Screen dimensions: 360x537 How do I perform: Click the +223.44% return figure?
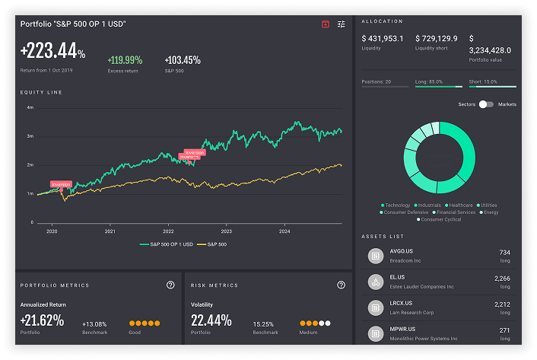click(x=52, y=52)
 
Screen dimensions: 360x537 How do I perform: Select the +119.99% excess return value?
click(x=126, y=60)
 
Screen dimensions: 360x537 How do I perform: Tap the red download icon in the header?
click(x=326, y=24)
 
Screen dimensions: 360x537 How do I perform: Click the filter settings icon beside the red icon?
click(x=342, y=24)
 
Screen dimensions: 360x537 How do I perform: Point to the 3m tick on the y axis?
click(x=30, y=136)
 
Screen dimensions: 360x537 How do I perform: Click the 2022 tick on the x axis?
click(x=168, y=231)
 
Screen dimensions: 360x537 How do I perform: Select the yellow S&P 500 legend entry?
click(x=212, y=244)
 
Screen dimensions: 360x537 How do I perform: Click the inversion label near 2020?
click(x=61, y=183)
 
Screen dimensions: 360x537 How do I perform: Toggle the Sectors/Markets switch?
click(x=486, y=104)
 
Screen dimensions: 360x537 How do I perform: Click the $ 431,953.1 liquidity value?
click(x=383, y=39)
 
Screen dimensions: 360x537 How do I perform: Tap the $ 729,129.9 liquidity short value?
click(x=437, y=39)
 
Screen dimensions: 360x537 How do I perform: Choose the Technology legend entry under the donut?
click(x=397, y=205)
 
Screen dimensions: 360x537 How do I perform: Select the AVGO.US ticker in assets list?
click(x=402, y=252)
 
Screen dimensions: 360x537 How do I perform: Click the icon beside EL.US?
click(x=375, y=282)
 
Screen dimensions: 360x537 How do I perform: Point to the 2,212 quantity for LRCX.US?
click(x=502, y=304)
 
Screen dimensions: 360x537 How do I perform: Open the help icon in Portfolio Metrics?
click(x=170, y=285)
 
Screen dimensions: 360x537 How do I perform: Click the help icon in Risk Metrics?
click(x=342, y=285)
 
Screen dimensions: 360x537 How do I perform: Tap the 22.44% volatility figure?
click(x=211, y=320)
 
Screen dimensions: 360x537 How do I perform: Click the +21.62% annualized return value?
click(x=43, y=320)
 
